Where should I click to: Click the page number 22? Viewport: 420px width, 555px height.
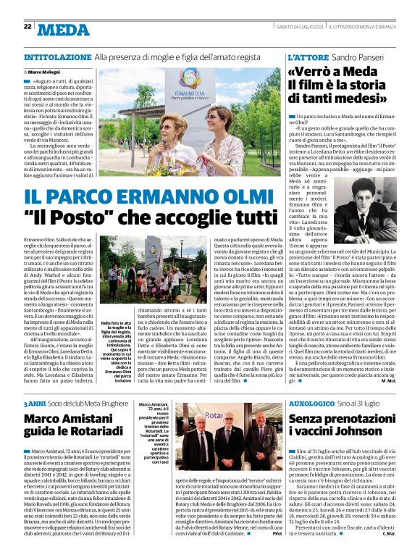click(x=28, y=26)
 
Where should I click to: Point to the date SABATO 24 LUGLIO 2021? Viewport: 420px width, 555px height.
click(x=295, y=26)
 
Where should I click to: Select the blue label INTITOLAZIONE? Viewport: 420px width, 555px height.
click(x=57, y=57)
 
